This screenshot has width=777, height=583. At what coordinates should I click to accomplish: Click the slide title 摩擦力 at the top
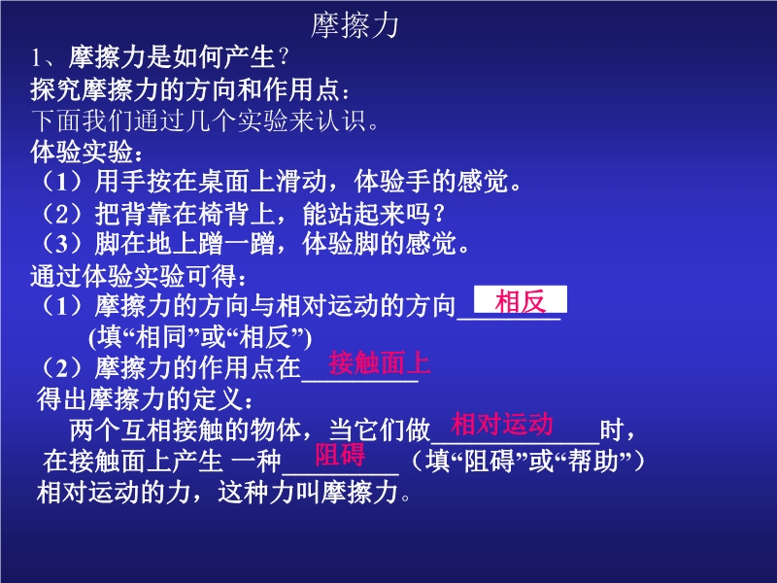coord(355,26)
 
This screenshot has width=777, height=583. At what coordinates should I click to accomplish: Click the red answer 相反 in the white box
coord(521,301)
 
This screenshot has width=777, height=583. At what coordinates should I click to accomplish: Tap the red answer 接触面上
coord(379,362)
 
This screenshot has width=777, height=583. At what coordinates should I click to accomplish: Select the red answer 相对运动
coord(501,425)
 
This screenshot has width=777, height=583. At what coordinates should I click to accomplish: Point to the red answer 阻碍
coord(340,455)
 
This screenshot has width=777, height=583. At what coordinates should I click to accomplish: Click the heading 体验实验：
coord(86,152)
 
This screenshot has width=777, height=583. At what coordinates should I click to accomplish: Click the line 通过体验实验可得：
coord(138,276)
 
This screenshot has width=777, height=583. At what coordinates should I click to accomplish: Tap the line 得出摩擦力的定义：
coord(145,399)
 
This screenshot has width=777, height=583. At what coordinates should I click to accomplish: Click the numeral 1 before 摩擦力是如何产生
coord(36,58)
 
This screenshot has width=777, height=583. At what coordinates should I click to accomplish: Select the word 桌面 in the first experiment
coord(223,182)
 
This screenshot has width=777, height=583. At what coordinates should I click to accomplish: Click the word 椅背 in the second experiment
coord(223,214)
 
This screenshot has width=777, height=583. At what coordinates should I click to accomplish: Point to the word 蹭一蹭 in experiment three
coord(237,244)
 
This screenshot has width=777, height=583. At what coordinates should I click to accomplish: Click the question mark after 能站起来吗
coord(438,215)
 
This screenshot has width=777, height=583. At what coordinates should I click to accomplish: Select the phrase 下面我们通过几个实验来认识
coord(199,120)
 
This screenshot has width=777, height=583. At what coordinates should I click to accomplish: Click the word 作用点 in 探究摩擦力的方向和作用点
coord(301,89)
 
